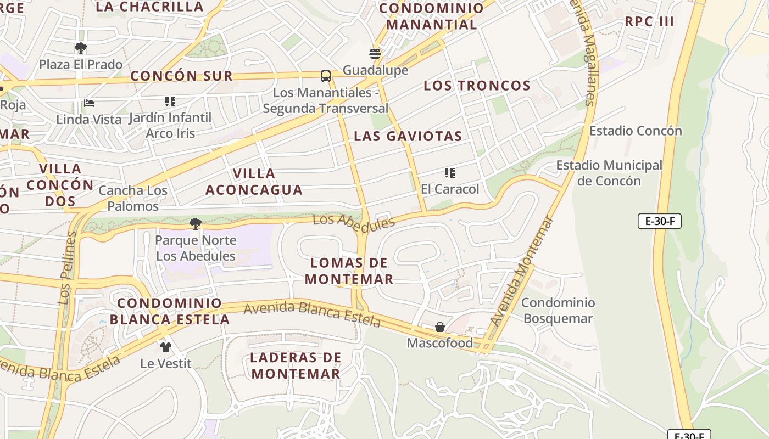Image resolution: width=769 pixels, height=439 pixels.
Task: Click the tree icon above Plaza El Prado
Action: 81,48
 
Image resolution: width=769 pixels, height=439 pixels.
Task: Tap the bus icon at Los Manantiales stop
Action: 326,76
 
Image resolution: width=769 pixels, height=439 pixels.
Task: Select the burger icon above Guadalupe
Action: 375,54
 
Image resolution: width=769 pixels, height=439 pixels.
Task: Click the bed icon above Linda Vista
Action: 89,103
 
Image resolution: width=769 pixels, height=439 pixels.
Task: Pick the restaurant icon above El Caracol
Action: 450,173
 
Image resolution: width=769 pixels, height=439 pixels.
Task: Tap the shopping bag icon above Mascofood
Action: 440,327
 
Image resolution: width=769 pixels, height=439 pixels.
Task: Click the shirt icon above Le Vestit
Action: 166,347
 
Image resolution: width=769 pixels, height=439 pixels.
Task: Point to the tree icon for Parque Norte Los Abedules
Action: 195,224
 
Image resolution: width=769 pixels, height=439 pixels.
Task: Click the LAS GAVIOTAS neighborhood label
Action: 408,136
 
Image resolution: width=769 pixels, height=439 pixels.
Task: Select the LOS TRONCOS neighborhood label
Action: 477,86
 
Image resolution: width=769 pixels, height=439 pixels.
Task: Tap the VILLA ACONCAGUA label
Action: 254,182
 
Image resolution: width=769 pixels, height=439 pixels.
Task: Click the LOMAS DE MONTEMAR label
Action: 349,271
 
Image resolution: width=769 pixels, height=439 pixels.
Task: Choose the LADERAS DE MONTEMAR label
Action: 296,365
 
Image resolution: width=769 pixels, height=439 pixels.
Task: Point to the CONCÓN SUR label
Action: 181,76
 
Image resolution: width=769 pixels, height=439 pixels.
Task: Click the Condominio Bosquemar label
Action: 558,311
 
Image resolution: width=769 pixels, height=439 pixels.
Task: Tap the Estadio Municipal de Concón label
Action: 609,173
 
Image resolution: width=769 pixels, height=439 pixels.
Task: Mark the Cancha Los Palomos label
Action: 133,198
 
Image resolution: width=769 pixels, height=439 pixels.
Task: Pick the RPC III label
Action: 649,22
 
